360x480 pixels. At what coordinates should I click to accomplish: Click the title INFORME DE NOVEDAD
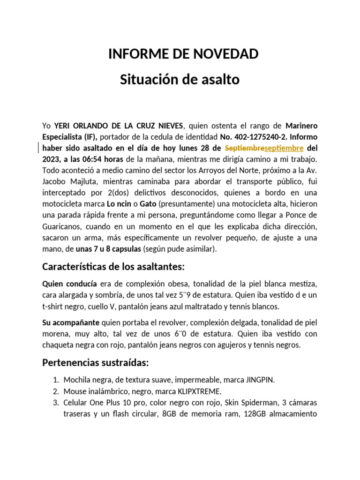pyautogui.click(x=183, y=54)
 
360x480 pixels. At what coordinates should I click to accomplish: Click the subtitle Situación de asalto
pyautogui.click(x=180, y=80)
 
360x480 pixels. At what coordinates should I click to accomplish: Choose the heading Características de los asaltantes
pyautogui.click(x=113, y=267)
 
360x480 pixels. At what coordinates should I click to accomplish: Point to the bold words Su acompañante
pyautogui.click(x=71, y=322)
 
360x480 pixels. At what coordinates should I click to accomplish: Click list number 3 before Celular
pyautogui.click(x=55, y=403)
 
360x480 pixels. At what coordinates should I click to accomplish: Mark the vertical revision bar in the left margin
pyautogui.click(x=38, y=148)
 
